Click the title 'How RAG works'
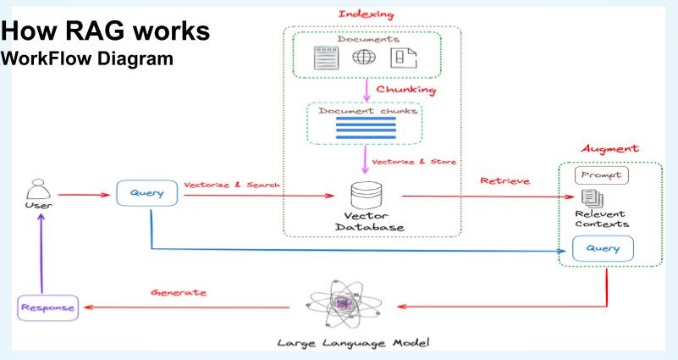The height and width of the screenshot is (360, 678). [x=104, y=35]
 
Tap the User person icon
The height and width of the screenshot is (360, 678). [x=36, y=188]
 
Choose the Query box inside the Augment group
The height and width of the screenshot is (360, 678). [x=601, y=249]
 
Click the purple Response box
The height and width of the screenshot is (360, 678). [x=47, y=307]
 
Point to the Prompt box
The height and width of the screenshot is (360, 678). [x=600, y=175]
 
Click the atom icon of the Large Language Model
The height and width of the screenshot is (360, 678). [x=345, y=306]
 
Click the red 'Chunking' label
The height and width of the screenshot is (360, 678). [x=405, y=89]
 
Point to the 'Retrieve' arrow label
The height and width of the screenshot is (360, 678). [x=505, y=180]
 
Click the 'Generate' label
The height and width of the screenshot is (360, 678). [x=179, y=291]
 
